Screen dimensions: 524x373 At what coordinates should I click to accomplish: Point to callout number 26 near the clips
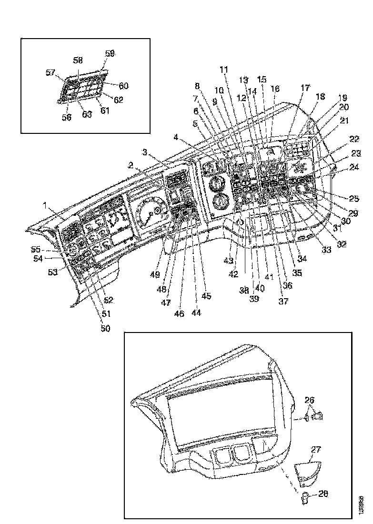pos(310,400)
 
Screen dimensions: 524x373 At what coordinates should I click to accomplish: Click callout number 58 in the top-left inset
pos(78,60)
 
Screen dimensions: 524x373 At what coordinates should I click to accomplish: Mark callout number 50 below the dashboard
pos(104,328)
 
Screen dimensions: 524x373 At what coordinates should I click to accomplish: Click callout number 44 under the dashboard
pos(196,313)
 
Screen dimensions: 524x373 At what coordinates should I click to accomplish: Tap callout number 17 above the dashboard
pos(305,88)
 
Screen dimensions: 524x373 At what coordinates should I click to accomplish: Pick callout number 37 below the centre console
pos(271,301)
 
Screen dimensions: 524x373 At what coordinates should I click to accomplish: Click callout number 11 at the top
pos(224,69)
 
